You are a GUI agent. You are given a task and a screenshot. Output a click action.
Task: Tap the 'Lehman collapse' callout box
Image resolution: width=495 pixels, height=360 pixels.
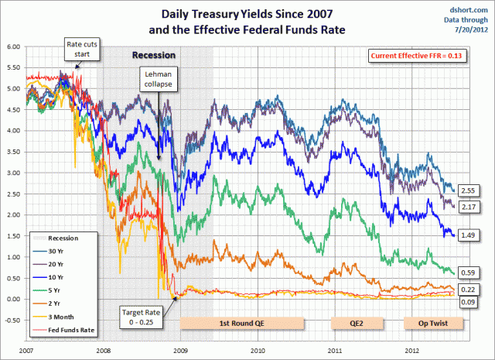pos(155,78)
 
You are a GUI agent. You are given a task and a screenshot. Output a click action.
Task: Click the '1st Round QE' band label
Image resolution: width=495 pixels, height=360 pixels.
pos(241,321)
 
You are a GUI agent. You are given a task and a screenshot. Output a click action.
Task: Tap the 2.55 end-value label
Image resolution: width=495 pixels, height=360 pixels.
pos(466,190)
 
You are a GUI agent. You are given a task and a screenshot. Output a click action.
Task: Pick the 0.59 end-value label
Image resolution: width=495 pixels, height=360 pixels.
pos(466,273)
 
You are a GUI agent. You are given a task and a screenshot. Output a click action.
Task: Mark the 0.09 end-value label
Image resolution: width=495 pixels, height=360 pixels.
pos(466,300)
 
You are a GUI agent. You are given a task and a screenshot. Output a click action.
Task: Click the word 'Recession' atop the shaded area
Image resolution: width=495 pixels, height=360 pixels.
pos(155,56)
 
